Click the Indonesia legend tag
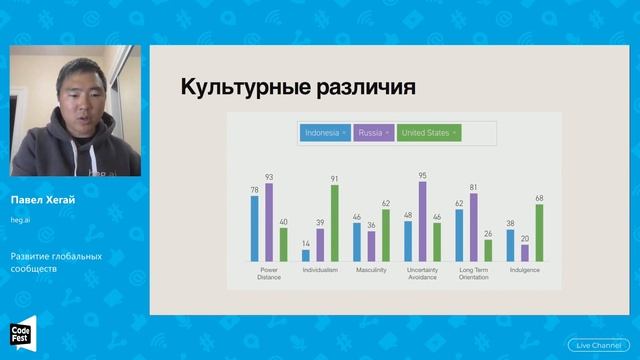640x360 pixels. click(324, 132)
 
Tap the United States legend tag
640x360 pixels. click(428, 132)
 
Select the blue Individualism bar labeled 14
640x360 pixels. click(306, 255)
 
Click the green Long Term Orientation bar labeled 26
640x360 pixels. click(488, 250)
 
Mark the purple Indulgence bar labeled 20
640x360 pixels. click(525, 253)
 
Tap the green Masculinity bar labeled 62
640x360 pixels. click(385, 235)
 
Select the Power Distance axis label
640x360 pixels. click(268, 272)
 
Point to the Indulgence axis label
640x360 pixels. click(525, 269)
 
